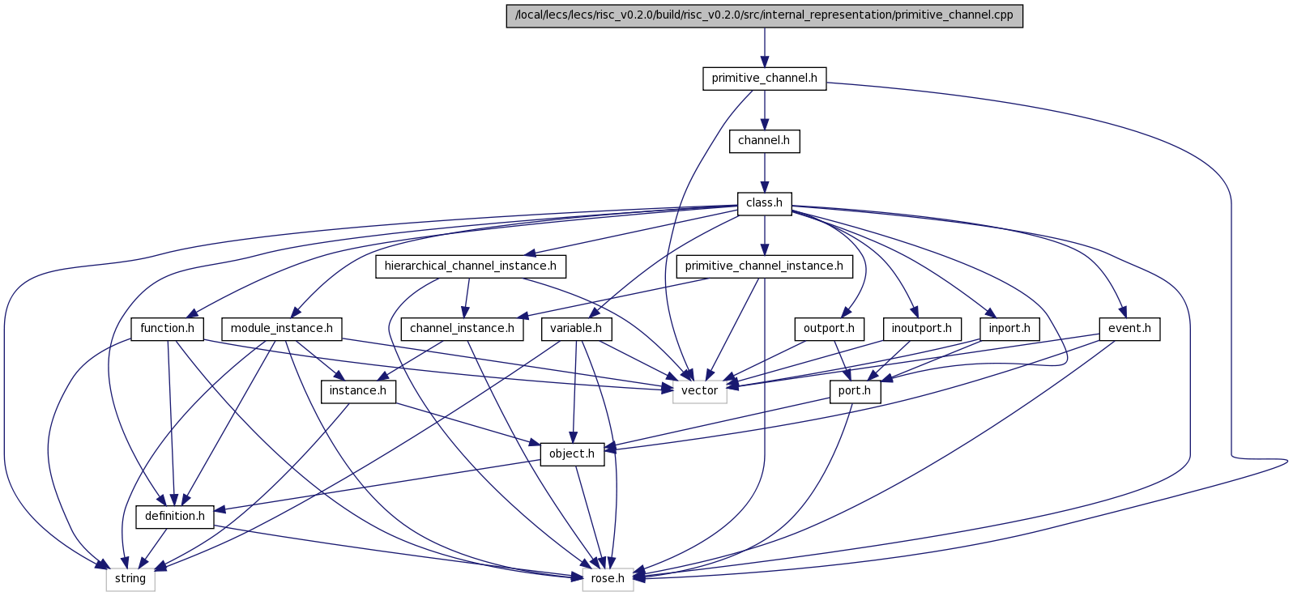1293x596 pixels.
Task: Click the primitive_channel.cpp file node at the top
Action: coord(764,15)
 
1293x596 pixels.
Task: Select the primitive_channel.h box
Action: coord(764,79)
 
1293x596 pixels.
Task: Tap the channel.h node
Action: coord(764,142)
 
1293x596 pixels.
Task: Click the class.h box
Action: coord(764,204)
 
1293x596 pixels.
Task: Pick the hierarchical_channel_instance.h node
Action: coord(471,266)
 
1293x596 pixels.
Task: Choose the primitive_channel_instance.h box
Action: coord(764,266)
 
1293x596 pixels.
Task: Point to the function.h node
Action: coord(168,329)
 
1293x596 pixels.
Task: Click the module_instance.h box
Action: coord(282,329)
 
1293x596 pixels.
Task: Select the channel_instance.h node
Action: coord(462,329)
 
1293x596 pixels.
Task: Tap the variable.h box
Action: coord(576,329)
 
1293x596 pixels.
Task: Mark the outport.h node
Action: coord(829,329)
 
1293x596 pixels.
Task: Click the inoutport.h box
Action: coord(922,329)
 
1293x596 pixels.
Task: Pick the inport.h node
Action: coord(1009,329)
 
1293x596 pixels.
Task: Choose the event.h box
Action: coord(1129,329)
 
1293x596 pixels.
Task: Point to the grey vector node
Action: coord(700,392)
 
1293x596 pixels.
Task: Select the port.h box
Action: coord(855,392)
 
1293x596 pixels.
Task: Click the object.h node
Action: coord(572,454)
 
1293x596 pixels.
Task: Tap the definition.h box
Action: coord(175,517)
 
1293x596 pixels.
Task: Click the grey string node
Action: coord(130,579)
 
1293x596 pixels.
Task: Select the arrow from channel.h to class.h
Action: coord(764,172)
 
